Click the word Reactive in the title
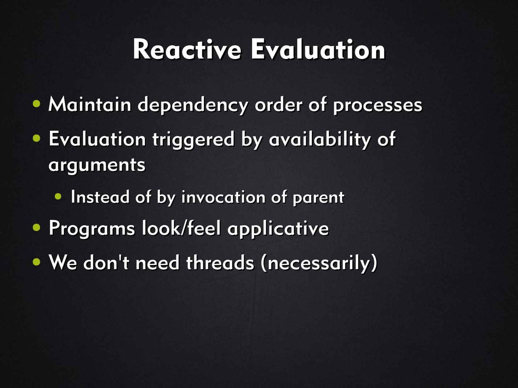point(187,49)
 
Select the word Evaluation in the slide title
point(318,49)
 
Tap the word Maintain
point(90,104)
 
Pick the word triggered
point(193,140)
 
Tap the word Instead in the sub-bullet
point(100,197)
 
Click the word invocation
point(223,197)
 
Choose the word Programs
point(92,229)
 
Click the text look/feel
point(181,228)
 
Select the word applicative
point(278,229)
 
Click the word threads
point(220,262)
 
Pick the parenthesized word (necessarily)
point(319,263)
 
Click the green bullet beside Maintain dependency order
point(37,104)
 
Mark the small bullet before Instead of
point(58,197)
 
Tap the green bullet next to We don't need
point(37,262)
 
